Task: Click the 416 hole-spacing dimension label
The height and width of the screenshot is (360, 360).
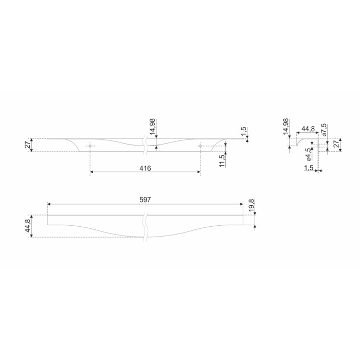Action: pos(145,168)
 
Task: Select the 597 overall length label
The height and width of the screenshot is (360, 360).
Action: pos(145,200)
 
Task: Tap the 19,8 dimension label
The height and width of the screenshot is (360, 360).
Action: pos(251,205)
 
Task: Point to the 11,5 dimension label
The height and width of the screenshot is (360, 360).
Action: pos(222,160)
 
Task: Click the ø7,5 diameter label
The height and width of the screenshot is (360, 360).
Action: pos(324,131)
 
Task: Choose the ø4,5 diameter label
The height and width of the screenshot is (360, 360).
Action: pos(309,154)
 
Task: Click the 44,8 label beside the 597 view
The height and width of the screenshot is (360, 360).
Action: pos(28,225)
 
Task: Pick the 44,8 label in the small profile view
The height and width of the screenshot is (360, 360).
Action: pos(308,129)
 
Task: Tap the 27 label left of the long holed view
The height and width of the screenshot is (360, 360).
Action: pos(27,145)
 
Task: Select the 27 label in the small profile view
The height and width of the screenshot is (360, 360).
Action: pos(336,144)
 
